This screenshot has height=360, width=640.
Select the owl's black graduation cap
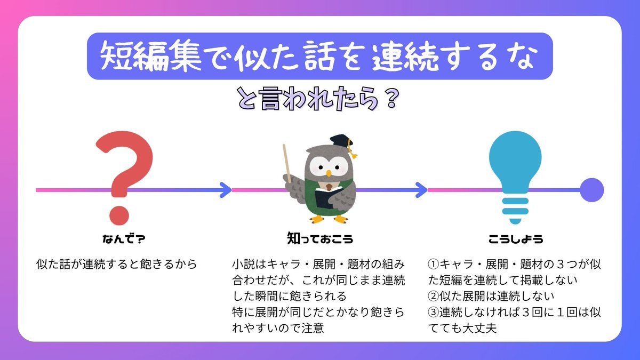pyautogui.click(x=341, y=142)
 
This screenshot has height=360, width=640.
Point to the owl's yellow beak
pyautogui.click(x=329, y=173)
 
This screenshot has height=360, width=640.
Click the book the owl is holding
pyautogui.click(x=328, y=197)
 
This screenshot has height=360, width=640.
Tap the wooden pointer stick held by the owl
pyautogui.click(x=287, y=163)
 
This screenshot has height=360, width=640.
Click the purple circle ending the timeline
pyautogui.click(x=591, y=190)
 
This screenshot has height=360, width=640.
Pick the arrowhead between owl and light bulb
pyautogui.click(x=421, y=190)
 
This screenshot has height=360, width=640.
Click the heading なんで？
pyautogui.click(x=124, y=239)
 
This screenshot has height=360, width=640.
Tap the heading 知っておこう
pyautogui.click(x=320, y=238)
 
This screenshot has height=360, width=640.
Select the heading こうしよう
pyautogui.click(x=516, y=239)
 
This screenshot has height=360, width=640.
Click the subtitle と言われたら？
pyautogui.click(x=318, y=99)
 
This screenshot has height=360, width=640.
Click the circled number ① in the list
pyautogui.click(x=434, y=265)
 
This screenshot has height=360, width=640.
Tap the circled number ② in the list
pyautogui.click(x=434, y=297)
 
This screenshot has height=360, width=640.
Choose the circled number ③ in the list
pyautogui.click(x=434, y=313)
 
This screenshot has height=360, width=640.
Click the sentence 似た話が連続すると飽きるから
pyautogui.click(x=117, y=265)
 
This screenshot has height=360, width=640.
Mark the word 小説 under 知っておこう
pyautogui.click(x=243, y=265)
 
